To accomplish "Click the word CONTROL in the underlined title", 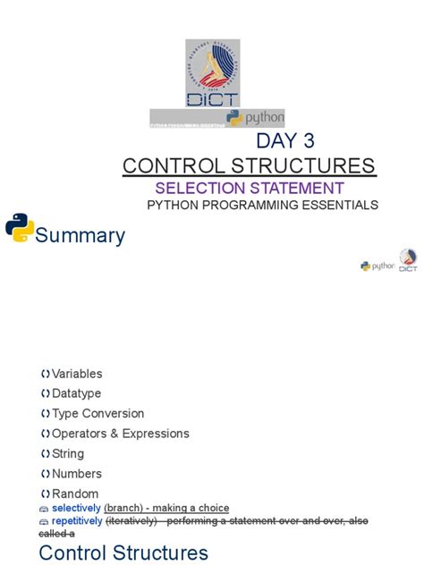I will click(x=171, y=165).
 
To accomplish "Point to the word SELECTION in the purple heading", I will click(x=197, y=188).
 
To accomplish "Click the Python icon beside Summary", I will click(x=20, y=228).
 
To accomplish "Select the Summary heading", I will click(x=81, y=236).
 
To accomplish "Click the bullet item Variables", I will click(x=77, y=374).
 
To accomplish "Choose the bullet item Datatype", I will click(x=76, y=393).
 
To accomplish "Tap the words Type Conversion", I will click(x=98, y=413).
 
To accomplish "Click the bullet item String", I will click(x=68, y=453).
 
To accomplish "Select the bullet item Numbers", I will click(x=77, y=474).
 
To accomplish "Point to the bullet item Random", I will click(x=75, y=493).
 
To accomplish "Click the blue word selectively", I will click(x=76, y=508).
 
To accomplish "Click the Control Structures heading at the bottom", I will click(x=123, y=552).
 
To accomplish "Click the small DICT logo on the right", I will click(x=408, y=260).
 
